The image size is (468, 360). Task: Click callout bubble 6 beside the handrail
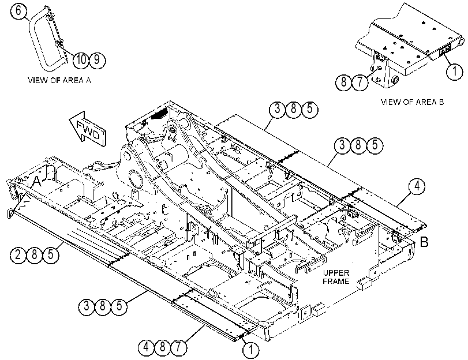[x=18, y=11]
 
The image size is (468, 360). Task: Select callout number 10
[x=80, y=59]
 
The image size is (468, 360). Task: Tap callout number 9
[x=97, y=59]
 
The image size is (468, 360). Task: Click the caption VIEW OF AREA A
[x=59, y=80]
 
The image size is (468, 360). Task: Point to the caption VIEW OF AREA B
[x=412, y=102]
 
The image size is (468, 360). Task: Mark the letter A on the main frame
[x=36, y=182]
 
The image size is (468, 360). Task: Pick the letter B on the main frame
[x=424, y=242]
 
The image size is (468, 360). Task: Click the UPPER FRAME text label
[x=336, y=277]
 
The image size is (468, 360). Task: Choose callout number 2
[x=18, y=255]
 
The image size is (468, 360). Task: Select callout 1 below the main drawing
[x=251, y=350]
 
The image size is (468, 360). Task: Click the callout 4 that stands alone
[x=417, y=186]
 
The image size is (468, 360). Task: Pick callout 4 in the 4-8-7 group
[x=147, y=347]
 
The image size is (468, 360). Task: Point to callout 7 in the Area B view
[x=360, y=82]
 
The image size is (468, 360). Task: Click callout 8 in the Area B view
[x=344, y=82]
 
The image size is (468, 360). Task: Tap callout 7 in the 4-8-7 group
[x=178, y=347]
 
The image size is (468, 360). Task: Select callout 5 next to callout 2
[x=51, y=255]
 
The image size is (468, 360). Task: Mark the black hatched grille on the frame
[x=159, y=114]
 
